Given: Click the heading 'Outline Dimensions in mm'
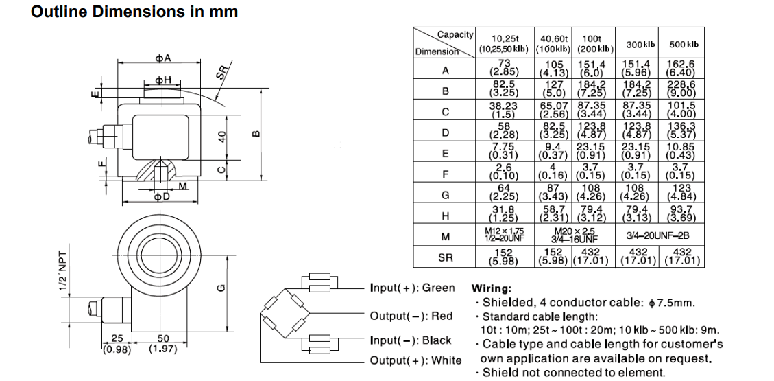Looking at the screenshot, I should [134, 12].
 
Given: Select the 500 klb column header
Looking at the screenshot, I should [684, 45].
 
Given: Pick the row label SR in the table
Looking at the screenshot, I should [446, 257].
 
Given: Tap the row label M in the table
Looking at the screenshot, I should [446, 236].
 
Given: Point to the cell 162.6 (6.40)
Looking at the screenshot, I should [684, 67].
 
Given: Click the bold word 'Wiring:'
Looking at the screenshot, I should [491, 289].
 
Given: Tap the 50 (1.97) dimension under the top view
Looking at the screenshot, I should [162, 344].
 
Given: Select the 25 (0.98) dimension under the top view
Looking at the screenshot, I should [116, 344].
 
